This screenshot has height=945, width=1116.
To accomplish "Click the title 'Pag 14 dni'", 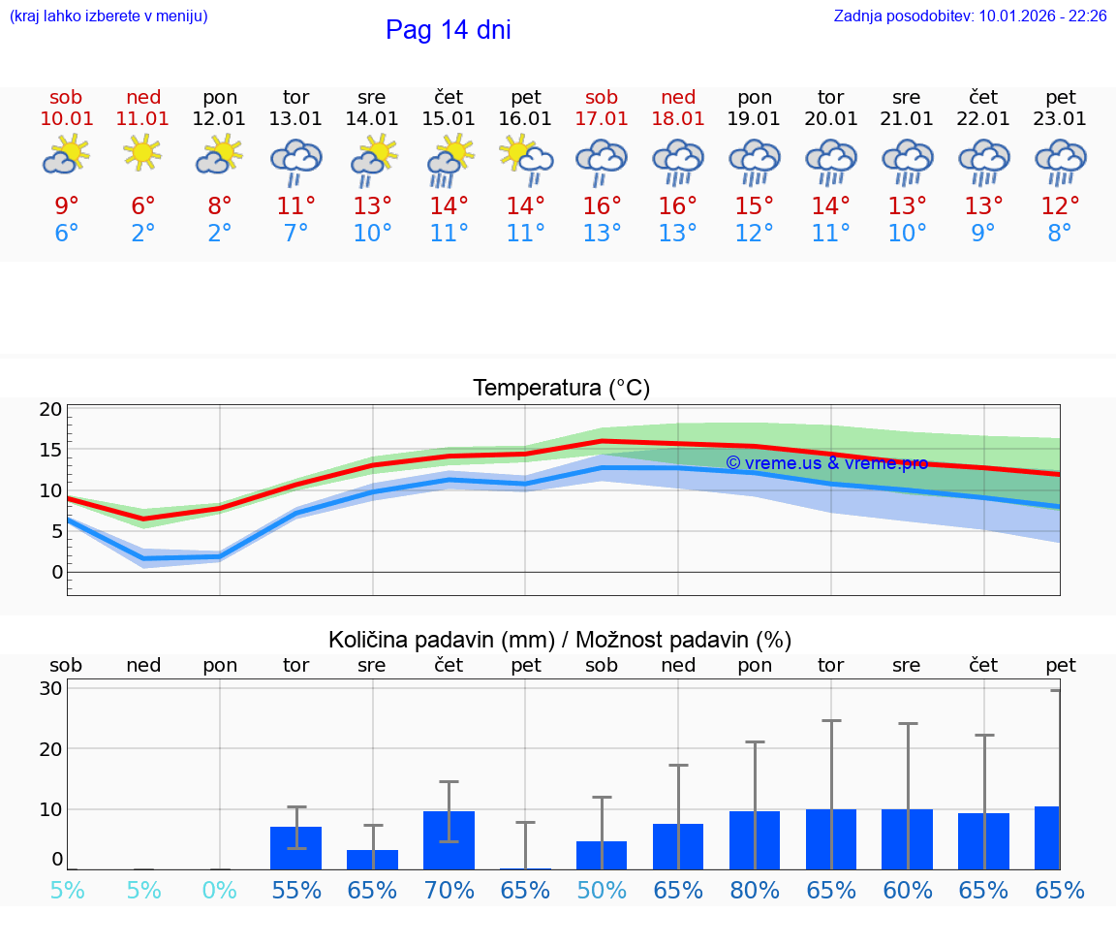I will tap(448, 30).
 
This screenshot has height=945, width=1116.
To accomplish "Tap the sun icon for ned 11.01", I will tap(142, 153).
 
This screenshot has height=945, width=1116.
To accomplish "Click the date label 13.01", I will tap(295, 119).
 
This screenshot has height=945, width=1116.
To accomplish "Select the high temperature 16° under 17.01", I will tap(602, 206).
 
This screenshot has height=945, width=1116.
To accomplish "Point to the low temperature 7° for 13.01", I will tap(295, 234).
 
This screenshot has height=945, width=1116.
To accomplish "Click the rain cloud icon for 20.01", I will tap(831, 160).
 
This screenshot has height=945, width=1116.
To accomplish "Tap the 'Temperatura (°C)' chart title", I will tap(561, 389).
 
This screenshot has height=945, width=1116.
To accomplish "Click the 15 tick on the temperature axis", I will tap(50, 450).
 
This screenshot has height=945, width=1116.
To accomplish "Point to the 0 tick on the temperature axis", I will tap(56, 572).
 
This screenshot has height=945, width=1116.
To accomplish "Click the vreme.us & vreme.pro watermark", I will tap(826, 463).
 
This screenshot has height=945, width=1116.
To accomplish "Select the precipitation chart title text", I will tap(560, 640).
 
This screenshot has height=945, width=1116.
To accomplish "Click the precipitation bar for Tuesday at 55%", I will tap(295, 848).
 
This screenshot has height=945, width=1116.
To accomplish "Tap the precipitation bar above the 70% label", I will tap(449, 840).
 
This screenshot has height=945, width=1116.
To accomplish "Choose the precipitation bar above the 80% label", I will tap(755, 840).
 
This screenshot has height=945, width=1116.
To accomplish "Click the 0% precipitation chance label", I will tap(220, 890).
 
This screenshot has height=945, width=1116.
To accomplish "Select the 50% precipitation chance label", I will tap(602, 890).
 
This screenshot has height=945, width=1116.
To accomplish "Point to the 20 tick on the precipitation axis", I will tap(50, 749).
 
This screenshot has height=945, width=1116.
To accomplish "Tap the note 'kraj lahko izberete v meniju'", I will tap(108, 16).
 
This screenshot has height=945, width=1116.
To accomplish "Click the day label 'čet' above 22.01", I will tap(984, 97).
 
